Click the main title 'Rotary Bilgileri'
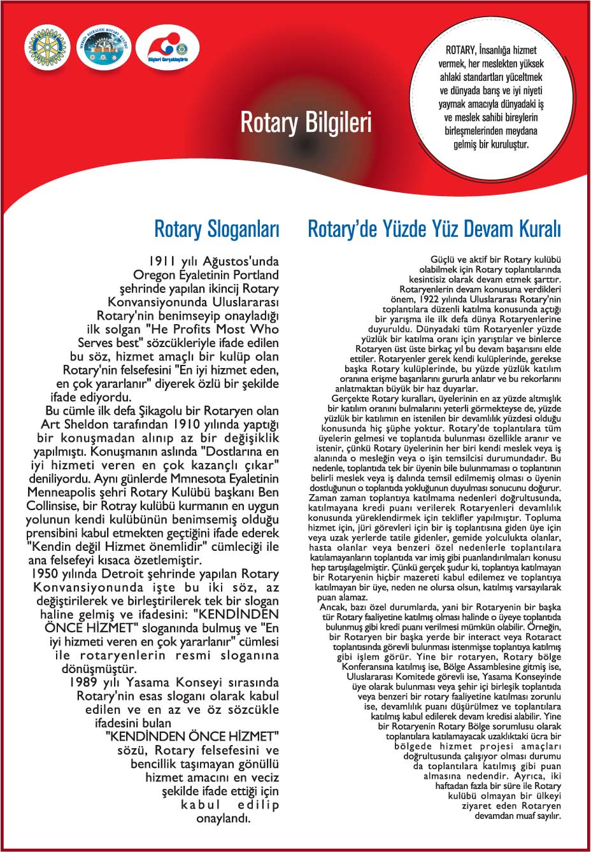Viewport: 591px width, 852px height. pos(306,122)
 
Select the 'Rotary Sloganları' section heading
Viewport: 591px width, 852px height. pos(217,229)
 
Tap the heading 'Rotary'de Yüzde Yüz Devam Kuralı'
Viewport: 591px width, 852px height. pos(434,229)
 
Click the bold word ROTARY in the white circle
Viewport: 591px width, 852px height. pos(461,50)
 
